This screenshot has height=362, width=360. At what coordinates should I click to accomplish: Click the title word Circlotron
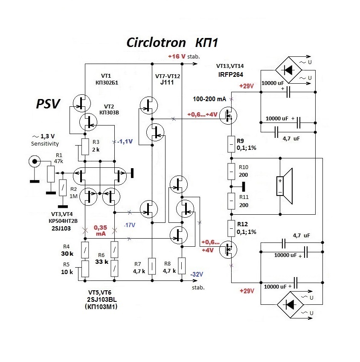click(156, 43)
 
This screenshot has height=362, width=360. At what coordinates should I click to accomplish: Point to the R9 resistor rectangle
click(231, 144)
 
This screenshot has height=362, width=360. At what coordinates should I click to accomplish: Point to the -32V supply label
click(196, 274)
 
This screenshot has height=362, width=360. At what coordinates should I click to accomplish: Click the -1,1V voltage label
click(125, 141)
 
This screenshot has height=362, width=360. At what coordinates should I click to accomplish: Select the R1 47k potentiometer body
click(51, 173)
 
